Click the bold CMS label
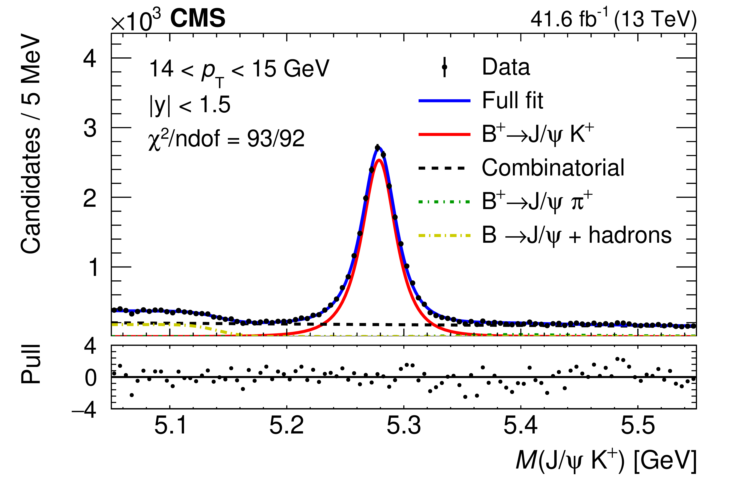pos(198,18)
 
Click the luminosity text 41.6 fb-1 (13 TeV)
pos(613,19)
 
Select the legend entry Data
pos(506,67)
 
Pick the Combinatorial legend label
pos(553,168)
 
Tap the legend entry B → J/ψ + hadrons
pos(576,235)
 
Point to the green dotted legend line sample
pos(444,202)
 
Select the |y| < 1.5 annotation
pos(190,105)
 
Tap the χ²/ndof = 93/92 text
pos(226,139)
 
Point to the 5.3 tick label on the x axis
pos(404,425)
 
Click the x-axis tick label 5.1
pos(170,425)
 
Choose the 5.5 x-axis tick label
pos(638,425)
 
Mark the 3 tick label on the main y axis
pos(90,128)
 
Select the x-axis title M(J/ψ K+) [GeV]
pos(606,460)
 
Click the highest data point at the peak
pos(377,148)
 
